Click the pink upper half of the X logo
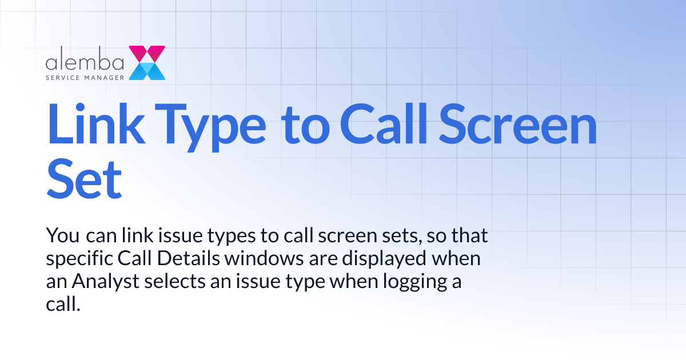[x=147, y=54]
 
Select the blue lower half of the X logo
[x=147, y=71]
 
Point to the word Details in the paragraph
[x=184, y=259]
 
